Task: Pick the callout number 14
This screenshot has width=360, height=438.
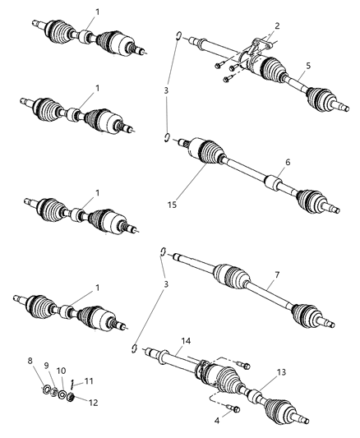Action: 187,339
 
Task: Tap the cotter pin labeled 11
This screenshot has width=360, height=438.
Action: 72,383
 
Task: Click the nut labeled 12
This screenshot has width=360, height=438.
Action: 70,399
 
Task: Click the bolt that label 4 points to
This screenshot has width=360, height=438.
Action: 233,410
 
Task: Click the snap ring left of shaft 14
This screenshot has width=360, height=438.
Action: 133,349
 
